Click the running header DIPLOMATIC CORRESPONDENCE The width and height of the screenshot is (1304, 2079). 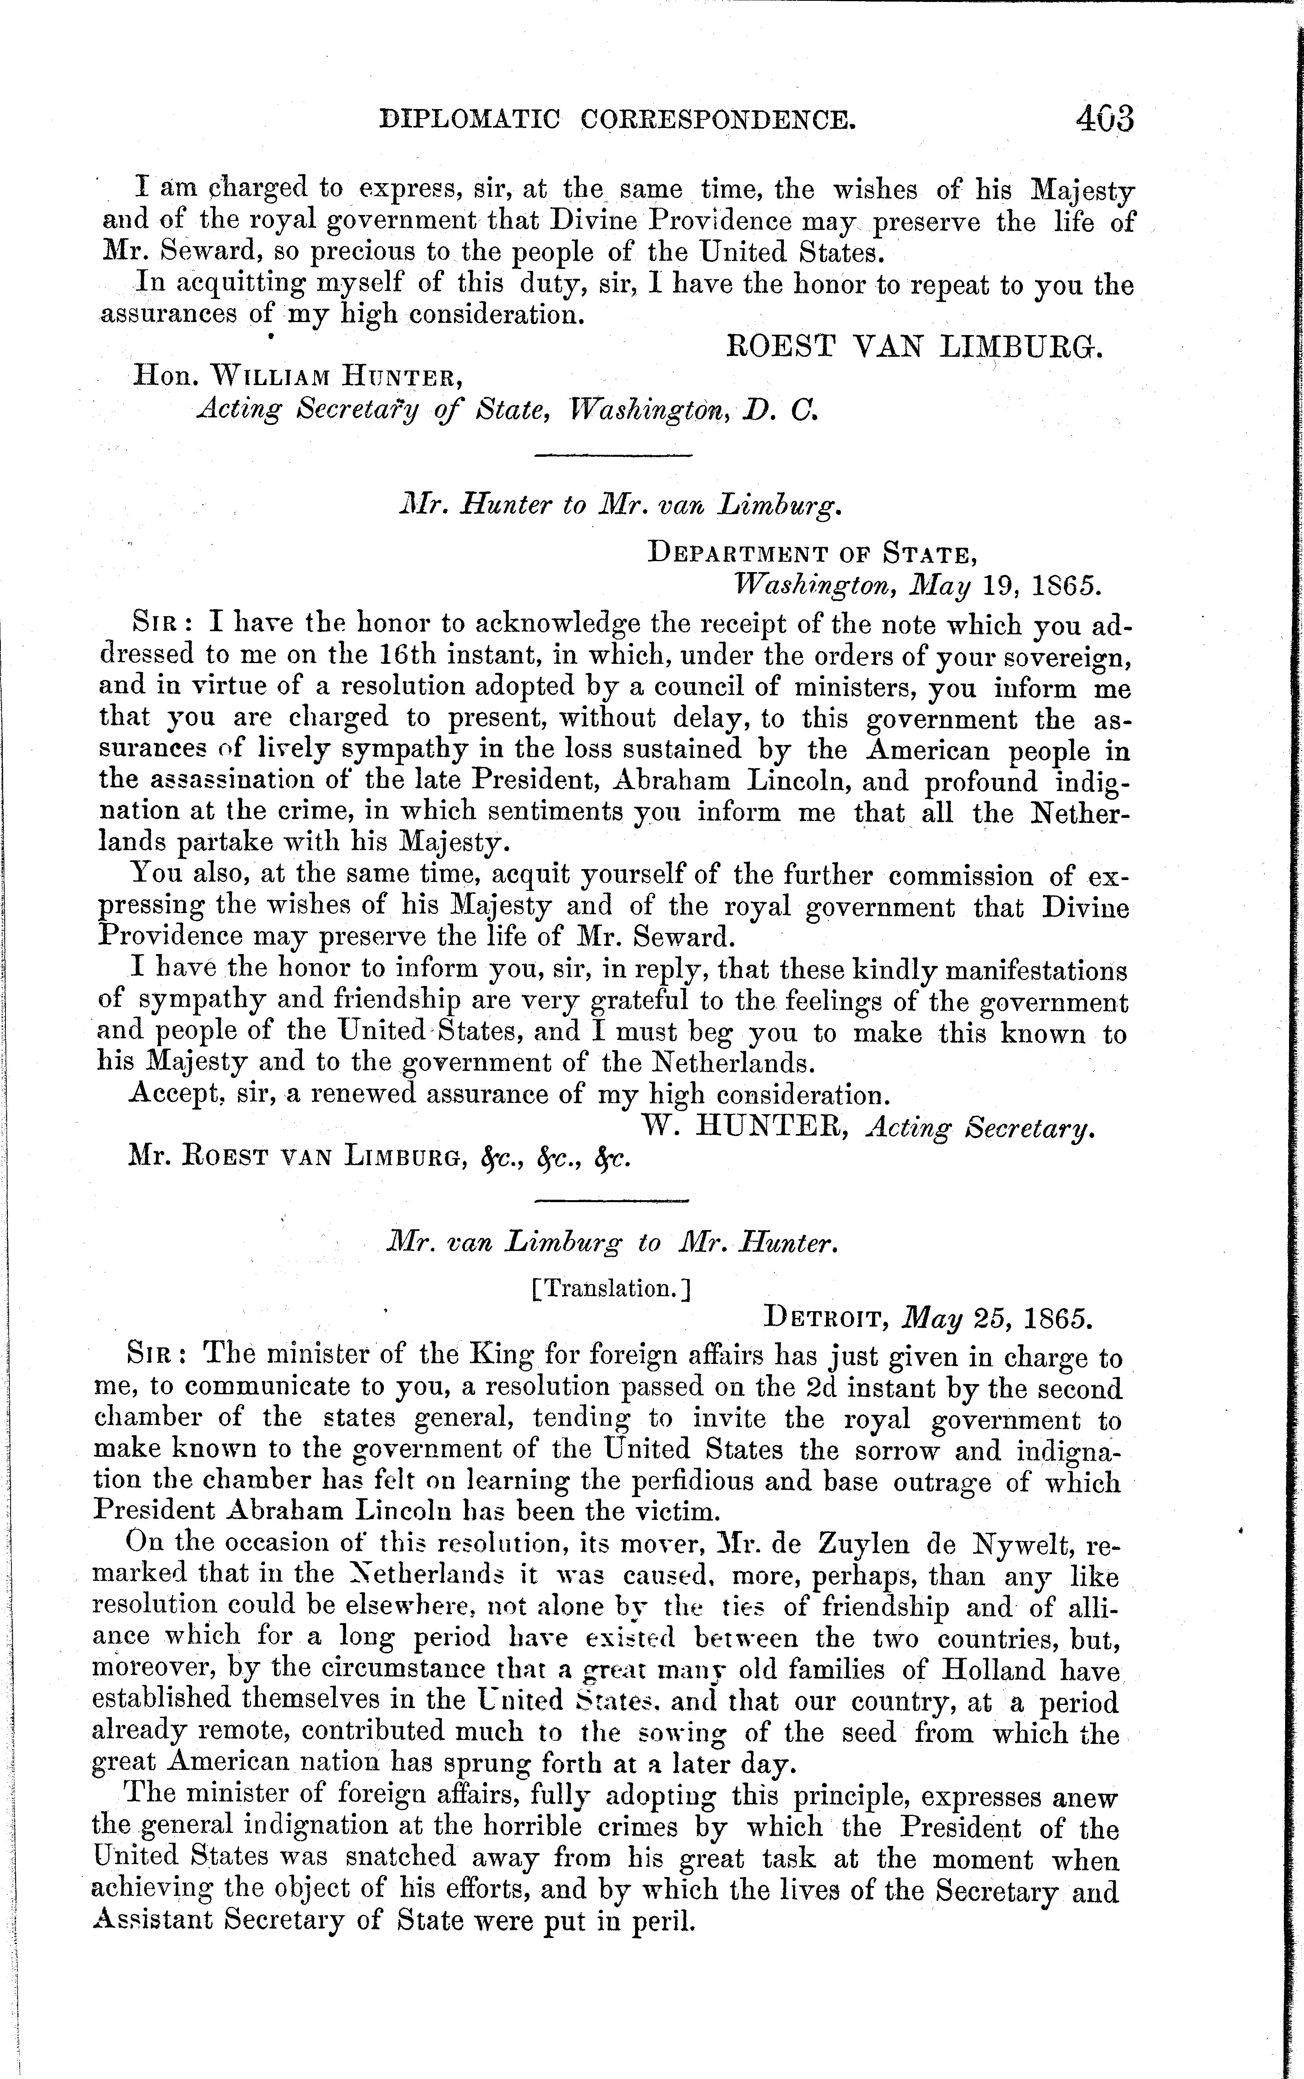619,118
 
